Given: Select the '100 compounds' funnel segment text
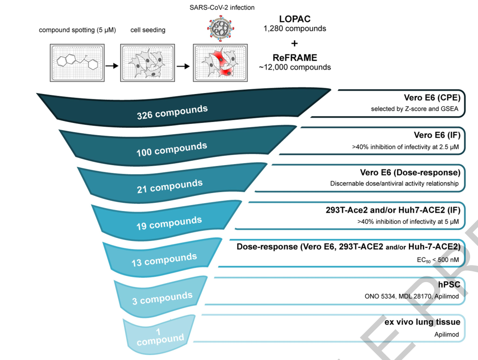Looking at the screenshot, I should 172,149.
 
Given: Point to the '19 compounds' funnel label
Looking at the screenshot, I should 169,223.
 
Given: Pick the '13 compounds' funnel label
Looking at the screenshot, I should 164,259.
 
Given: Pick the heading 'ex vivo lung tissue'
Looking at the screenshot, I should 422,322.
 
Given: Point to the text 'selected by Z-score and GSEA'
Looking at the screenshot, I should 414,109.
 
